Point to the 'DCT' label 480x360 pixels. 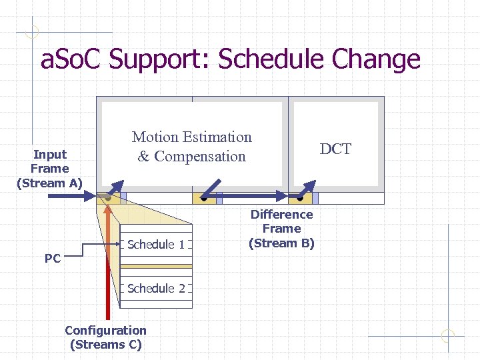click(x=335, y=149)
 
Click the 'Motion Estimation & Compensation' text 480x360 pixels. click(x=192, y=147)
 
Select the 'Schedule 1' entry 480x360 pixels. click(x=156, y=244)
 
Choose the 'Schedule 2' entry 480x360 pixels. click(x=156, y=288)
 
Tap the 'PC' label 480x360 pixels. click(x=52, y=258)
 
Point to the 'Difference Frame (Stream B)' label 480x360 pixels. click(x=281, y=229)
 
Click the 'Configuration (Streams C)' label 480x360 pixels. click(x=105, y=337)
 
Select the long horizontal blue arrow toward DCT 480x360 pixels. click(x=247, y=197)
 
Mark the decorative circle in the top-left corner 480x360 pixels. click(x=32, y=31)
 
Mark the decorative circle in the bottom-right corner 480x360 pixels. click(x=448, y=336)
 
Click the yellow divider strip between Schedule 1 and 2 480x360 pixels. click(x=156, y=266)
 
